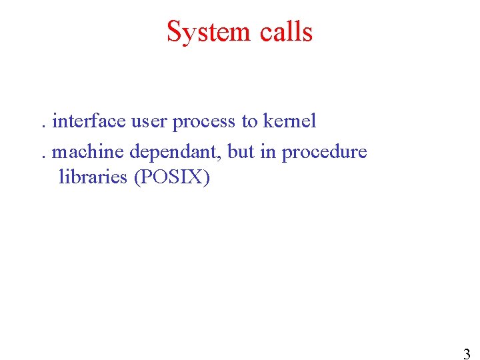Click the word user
pyautogui.click(x=149, y=121)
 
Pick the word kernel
pyautogui.click(x=289, y=121)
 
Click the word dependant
pyautogui.click(x=175, y=153)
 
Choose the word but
pyautogui.click(x=241, y=152)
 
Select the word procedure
pyautogui.click(x=324, y=153)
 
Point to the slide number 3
pyautogui.click(x=467, y=354)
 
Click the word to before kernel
pyautogui.click(x=249, y=122)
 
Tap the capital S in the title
pyautogui.click(x=175, y=31)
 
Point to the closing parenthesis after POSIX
pyautogui.click(x=207, y=178)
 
